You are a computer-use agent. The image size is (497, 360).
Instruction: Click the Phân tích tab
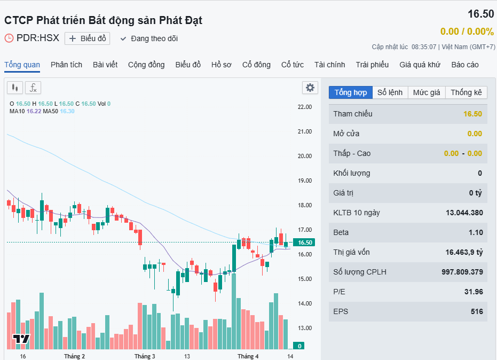(x=66, y=65)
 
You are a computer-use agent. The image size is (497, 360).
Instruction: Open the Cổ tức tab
(x=293, y=65)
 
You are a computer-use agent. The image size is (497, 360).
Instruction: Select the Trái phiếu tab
(x=372, y=65)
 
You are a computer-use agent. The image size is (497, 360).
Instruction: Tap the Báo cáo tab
(x=465, y=65)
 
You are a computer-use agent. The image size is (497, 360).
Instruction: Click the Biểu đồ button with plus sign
(x=87, y=38)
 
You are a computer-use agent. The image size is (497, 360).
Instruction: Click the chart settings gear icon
(x=310, y=88)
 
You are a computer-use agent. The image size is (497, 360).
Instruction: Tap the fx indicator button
(x=33, y=88)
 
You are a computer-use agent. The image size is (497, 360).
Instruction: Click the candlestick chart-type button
(x=15, y=88)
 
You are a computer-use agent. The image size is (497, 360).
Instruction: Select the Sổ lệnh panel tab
(x=390, y=92)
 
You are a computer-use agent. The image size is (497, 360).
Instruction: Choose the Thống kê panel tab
(x=466, y=92)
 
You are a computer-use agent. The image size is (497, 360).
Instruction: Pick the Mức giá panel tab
(x=427, y=92)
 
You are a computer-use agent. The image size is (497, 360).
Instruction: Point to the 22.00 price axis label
(x=304, y=107)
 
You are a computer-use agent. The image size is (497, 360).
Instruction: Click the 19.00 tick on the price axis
(x=304, y=181)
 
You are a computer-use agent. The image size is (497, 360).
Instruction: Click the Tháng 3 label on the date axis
(x=145, y=356)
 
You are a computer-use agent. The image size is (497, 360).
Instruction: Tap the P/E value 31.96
(x=474, y=292)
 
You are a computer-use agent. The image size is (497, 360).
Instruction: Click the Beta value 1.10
(x=475, y=232)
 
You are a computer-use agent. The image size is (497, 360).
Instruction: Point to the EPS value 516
(x=476, y=311)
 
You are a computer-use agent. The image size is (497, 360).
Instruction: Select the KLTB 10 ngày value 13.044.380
(x=464, y=213)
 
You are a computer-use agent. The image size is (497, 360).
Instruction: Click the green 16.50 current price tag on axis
(x=304, y=242)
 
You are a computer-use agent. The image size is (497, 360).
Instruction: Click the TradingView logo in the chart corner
(x=21, y=339)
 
